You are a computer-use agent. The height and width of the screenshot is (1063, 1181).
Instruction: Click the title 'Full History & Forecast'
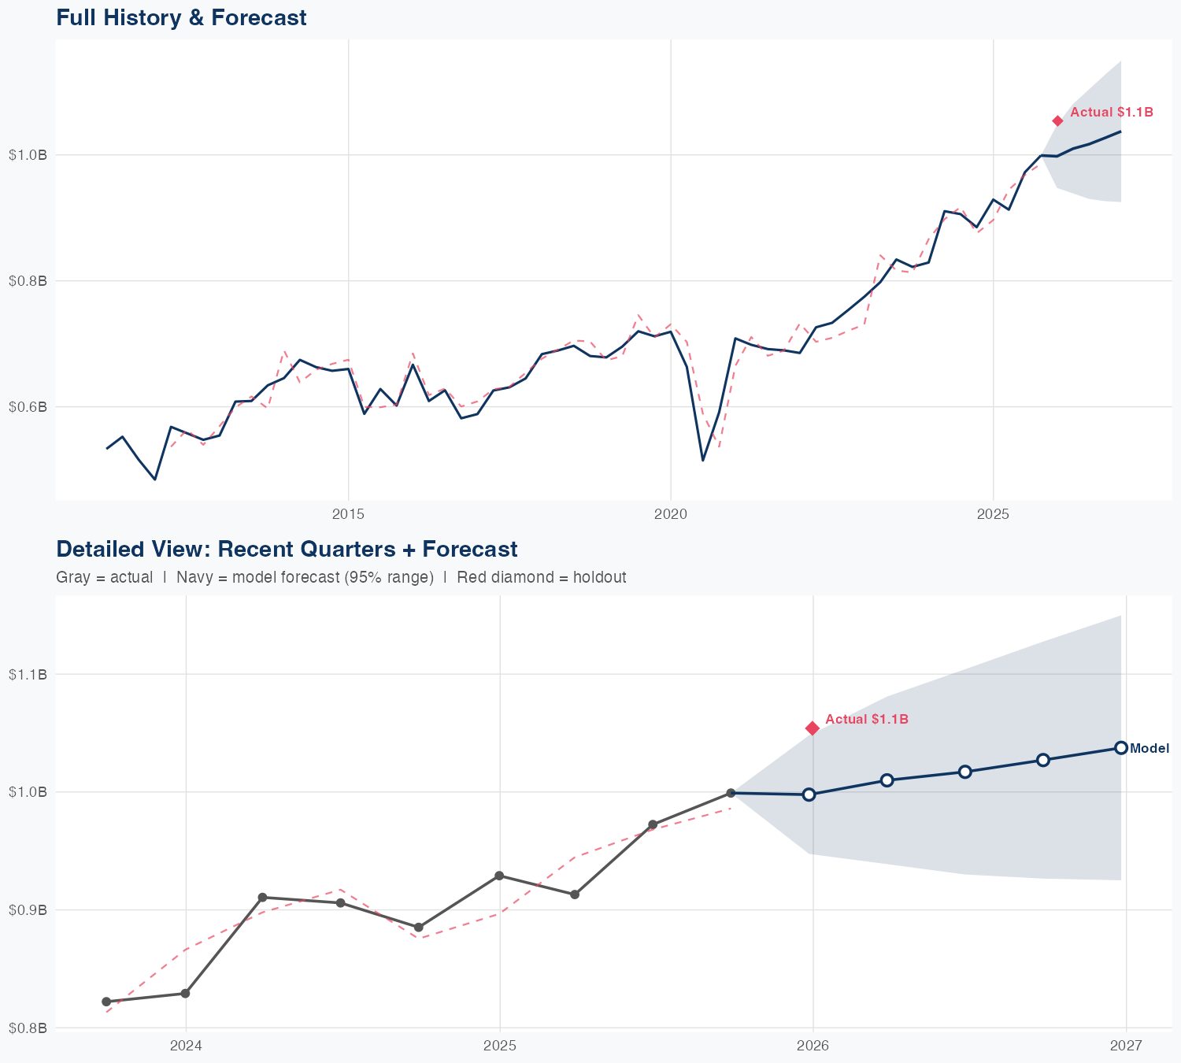click(181, 17)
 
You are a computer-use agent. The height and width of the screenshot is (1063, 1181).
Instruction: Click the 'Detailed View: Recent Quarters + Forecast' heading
click(287, 549)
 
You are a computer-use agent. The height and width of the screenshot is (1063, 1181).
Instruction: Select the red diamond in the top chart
click(1057, 120)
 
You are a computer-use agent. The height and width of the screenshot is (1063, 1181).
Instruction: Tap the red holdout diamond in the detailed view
click(813, 728)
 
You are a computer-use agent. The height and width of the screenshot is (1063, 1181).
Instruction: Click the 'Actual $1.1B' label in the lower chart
click(867, 719)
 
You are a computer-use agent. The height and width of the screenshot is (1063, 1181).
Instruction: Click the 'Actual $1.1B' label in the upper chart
click(1111, 113)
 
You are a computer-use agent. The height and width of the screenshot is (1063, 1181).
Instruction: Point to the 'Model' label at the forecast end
click(1150, 749)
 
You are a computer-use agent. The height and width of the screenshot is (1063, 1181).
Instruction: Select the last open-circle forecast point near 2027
click(1121, 748)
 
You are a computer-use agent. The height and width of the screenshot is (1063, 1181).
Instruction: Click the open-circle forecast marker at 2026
click(809, 794)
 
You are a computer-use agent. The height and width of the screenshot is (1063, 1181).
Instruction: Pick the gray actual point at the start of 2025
click(499, 876)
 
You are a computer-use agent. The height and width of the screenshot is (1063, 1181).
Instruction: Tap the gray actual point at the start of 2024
click(185, 994)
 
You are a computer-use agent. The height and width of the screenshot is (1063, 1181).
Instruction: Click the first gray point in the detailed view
click(106, 1002)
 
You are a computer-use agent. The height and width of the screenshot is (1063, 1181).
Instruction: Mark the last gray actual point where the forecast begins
click(731, 793)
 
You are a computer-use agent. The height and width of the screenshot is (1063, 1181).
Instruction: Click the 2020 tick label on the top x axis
click(670, 514)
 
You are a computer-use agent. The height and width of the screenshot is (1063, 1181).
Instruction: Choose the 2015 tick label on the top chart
click(348, 514)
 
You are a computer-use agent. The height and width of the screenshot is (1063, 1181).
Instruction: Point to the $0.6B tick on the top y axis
click(28, 407)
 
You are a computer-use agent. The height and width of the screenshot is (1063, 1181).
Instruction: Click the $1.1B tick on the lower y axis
click(28, 674)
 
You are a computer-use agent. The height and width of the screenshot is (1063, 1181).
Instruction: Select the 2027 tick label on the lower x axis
click(1126, 1046)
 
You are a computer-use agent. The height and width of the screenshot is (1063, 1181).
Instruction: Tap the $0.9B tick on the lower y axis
click(28, 910)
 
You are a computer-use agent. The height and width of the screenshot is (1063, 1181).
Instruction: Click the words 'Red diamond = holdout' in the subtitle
click(542, 577)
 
